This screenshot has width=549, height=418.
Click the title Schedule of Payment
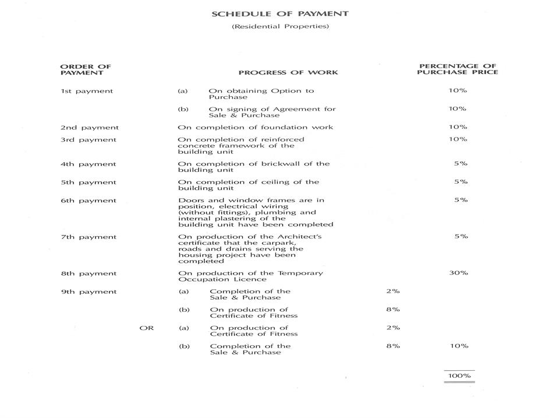[x=280, y=13]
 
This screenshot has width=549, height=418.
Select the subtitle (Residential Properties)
[x=280, y=26]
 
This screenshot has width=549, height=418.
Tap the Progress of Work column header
[x=288, y=73]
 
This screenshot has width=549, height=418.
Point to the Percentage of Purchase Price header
[x=457, y=69]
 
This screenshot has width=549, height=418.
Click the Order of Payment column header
[x=86, y=69]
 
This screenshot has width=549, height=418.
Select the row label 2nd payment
[x=90, y=128]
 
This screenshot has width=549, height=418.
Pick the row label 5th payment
[x=88, y=182]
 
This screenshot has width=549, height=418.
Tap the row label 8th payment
[x=88, y=273]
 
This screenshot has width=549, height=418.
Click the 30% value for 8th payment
[x=458, y=273]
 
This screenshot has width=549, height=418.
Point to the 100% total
[x=459, y=376]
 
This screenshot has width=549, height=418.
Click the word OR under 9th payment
[x=147, y=328]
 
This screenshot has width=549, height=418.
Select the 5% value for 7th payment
[x=461, y=237]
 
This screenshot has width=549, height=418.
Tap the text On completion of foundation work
[x=256, y=128]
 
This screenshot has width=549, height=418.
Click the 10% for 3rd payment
[x=458, y=139]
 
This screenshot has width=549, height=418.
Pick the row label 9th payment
[x=88, y=292]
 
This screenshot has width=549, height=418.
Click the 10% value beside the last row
[x=459, y=346]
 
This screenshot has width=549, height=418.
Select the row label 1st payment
[x=87, y=91]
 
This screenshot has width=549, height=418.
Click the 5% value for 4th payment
[x=461, y=164]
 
